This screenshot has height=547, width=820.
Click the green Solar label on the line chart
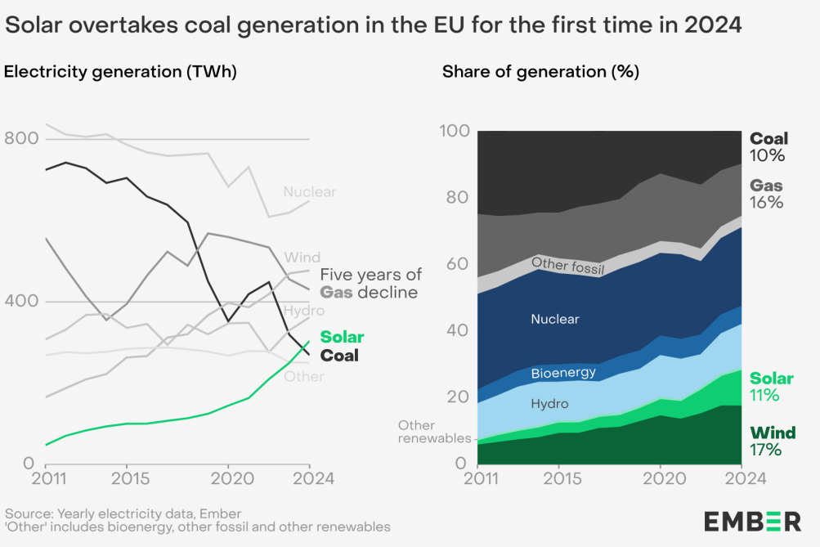(342, 337)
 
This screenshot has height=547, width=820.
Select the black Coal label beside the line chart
(339, 356)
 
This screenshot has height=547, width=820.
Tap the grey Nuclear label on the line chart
(310, 192)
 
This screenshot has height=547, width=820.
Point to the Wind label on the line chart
(302, 258)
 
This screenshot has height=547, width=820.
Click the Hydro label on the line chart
(303, 311)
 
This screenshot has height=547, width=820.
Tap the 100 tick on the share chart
(454, 131)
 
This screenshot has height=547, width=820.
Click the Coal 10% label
(768, 147)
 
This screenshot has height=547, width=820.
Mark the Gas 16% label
(767, 195)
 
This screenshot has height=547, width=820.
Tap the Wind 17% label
(772, 441)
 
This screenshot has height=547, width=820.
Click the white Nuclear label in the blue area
(554, 319)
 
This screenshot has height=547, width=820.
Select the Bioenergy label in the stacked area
(562, 374)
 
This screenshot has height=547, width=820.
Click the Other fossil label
(567, 266)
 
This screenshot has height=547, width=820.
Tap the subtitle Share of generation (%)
(540, 71)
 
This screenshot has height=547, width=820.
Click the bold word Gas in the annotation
(336, 293)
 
